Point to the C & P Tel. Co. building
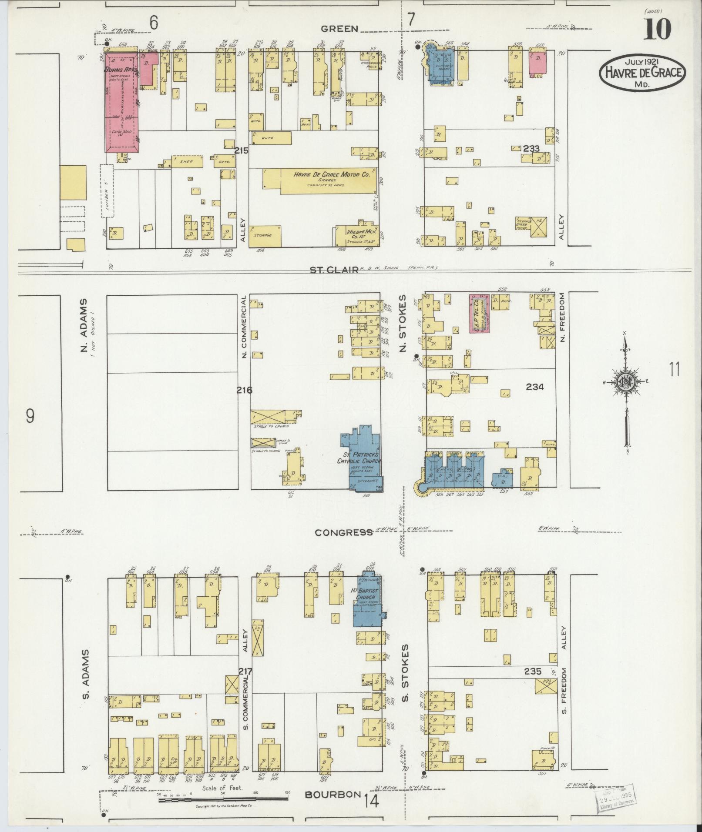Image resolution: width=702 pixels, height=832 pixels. [479, 314]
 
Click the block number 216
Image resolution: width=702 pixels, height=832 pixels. [244, 390]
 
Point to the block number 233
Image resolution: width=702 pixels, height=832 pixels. [531, 148]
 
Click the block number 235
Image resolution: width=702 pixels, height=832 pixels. [532, 671]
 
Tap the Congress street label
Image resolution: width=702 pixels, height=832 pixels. [343, 532]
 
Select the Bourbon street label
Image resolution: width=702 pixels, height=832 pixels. [333, 794]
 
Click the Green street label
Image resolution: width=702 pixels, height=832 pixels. [339, 29]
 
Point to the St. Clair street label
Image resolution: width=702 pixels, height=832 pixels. [333, 270]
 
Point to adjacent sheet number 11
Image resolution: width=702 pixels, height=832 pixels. [675, 370]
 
